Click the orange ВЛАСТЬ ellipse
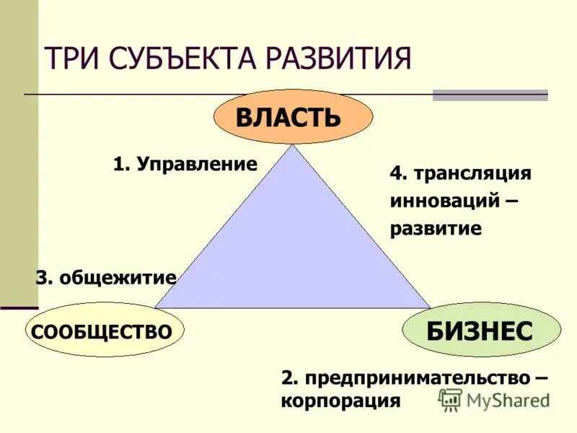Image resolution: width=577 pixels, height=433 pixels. click(x=293, y=117)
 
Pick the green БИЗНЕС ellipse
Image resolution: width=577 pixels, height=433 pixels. click(x=480, y=331)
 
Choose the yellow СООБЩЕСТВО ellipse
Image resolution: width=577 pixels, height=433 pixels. click(x=105, y=332)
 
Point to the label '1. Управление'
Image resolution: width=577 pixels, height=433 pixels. click(x=185, y=164)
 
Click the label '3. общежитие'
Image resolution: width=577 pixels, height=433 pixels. click(x=106, y=277)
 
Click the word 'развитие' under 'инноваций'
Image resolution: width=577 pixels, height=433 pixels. click(x=436, y=229)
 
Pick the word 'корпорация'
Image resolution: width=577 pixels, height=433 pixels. click(x=340, y=401)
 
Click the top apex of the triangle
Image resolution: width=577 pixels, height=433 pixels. click(x=293, y=146)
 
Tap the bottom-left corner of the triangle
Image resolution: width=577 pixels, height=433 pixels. click(x=155, y=308)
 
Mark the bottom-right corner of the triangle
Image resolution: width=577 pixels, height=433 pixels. click(x=430, y=308)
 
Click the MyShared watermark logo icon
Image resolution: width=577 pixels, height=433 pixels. click(x=451, y=400)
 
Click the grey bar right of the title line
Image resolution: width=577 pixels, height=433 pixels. click(x=490, y=95)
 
